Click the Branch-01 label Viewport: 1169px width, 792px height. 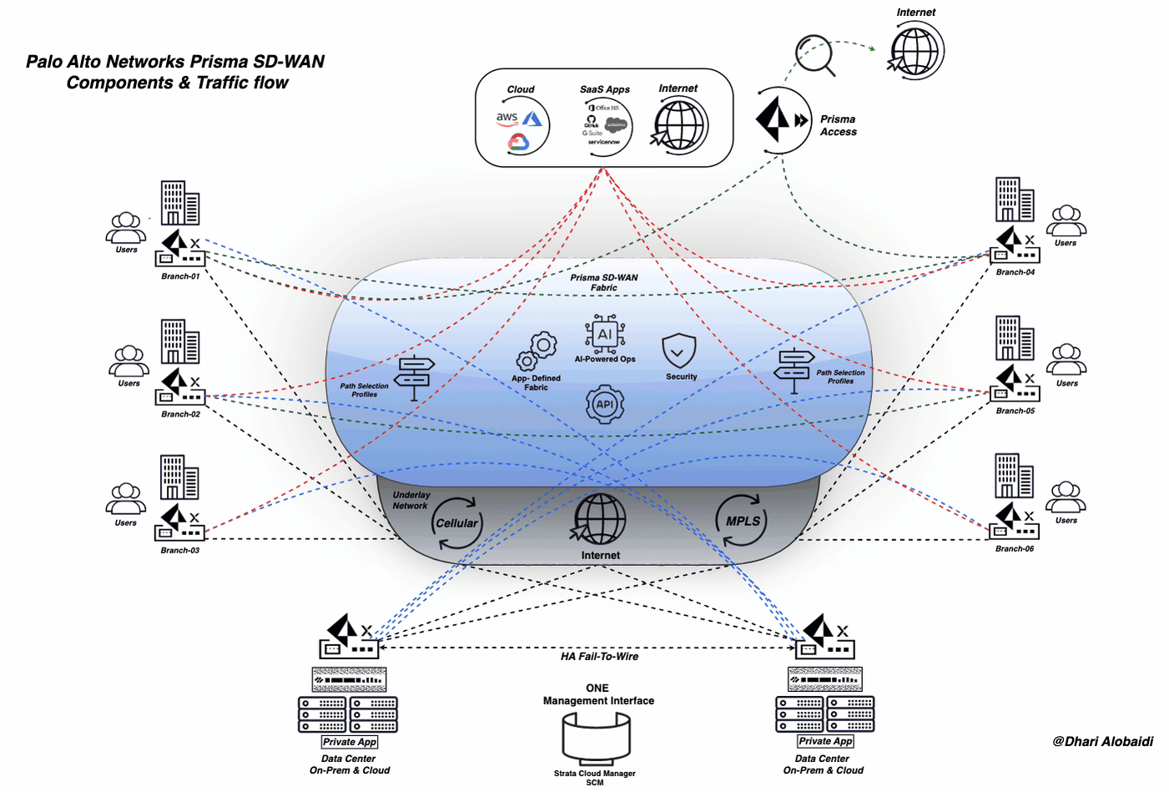[x=180, y=276]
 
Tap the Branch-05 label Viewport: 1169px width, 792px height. [x=1015, y=411]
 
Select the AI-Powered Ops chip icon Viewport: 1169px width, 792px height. [x=605, y=334]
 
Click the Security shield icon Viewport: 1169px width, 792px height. [x=678, y=351]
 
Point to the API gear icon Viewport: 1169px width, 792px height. [x=604, y=405]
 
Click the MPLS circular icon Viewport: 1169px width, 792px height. [x=742, y=521]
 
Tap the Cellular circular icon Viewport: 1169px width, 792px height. [x=456, y=523]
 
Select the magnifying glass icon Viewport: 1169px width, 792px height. [x=814, y=54]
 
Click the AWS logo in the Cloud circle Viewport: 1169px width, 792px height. [x=507, y=119]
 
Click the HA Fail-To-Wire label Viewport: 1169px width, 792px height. [x=599, y=657]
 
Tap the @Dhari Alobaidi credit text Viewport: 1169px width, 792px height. [x=1102, y=741]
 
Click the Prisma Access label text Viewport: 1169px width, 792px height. [x=838, y=125]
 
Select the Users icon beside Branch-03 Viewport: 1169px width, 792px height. [x=126, y=499]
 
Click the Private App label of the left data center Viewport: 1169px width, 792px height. [x=350, y=742]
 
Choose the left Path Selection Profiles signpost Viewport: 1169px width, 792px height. [x=414, y=376]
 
